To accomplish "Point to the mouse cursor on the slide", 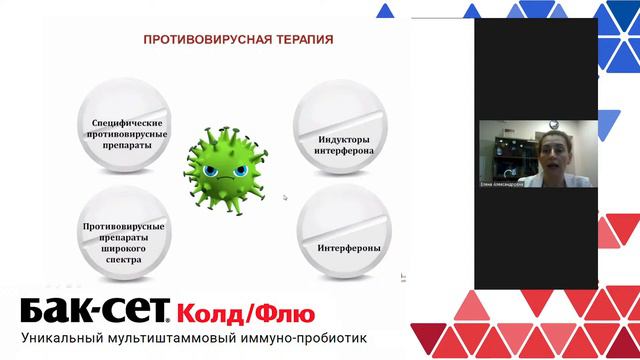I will pyautogui.click(x=285, y=198).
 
